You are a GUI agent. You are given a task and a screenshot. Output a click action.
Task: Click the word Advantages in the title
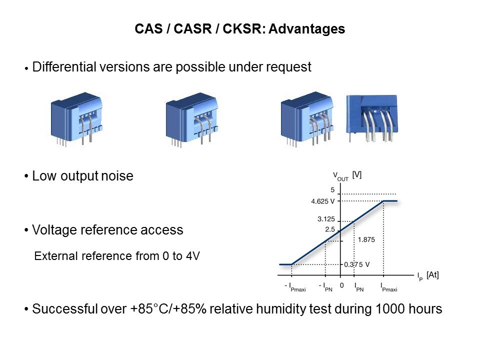click(x=306, y=29)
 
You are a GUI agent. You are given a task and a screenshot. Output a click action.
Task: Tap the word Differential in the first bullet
click(x=64, y=66)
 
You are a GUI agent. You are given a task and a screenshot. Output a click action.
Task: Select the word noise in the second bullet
click(x=117, y=176)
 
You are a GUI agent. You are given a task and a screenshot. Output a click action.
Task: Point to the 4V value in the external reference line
click(x=192, y=256)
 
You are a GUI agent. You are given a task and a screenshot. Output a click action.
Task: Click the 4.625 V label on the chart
click(x=322, y=201)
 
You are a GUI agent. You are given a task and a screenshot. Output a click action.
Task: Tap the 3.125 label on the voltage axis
click(x=326, y=219)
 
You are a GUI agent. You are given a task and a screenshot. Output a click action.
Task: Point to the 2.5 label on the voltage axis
click(x=330, y=229)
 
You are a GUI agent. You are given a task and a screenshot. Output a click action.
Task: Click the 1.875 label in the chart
click(x=366, y=239)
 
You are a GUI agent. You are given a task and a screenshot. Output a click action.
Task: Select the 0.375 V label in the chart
click(x=356, y=264)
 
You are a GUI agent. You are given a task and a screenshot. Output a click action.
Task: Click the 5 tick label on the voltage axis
click(x=332, y=190)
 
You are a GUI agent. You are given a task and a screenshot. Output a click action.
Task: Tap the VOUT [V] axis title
click(x=347, y=176)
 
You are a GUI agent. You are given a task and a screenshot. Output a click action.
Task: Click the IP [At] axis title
click(x=428, y=276)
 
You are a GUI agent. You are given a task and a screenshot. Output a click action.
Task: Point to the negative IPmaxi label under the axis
click(x=295, y=287)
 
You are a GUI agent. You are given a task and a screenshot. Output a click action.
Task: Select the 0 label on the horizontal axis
click(x=341, y=285)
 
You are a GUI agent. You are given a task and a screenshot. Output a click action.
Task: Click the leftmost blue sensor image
click(x=76, y=119)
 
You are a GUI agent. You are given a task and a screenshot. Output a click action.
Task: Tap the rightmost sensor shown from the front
click(x=371, y=118)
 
